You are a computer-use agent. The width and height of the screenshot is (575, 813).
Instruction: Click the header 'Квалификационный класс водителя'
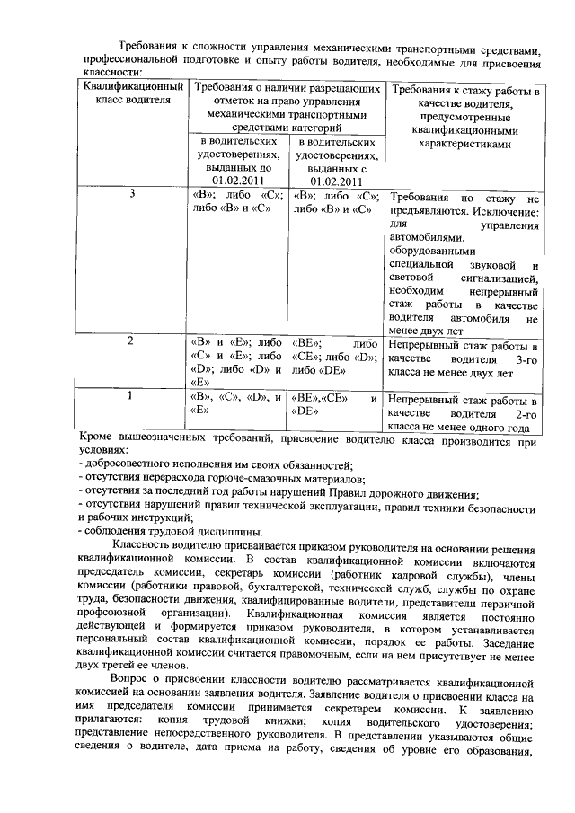click(132, 93)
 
